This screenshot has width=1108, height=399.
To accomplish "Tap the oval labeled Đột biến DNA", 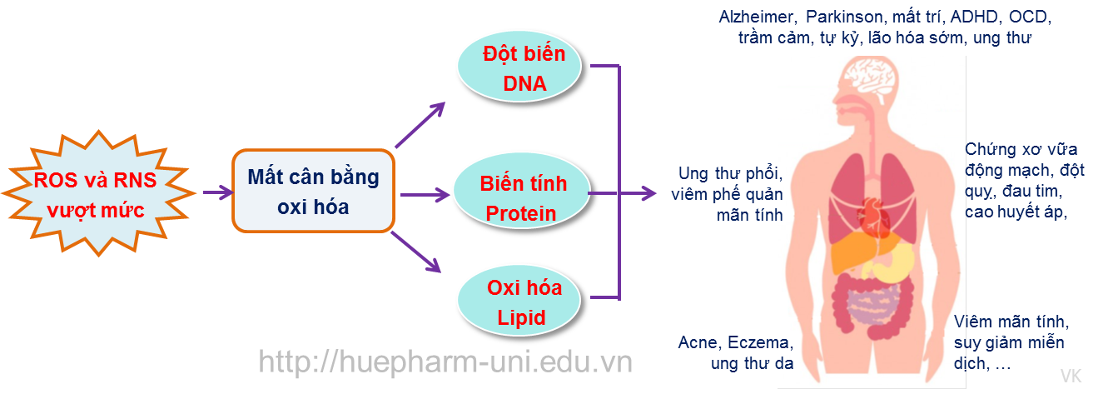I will [x=524, y=69].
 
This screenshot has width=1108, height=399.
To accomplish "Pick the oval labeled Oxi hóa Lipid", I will [x=524, y=302].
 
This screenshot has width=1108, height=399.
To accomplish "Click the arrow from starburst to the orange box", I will [x=217, y=193].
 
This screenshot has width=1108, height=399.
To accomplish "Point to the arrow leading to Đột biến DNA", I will [x=421, y=125].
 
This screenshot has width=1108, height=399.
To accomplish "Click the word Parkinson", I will [x=842, y=17].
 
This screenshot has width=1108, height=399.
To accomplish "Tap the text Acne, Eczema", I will [x=735, y=342].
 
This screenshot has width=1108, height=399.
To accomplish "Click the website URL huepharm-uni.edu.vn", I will [x=445, y=362].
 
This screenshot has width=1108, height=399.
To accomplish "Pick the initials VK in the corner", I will [x=1071, y=377].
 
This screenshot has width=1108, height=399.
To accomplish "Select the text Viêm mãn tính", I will [x=1011, y=322].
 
